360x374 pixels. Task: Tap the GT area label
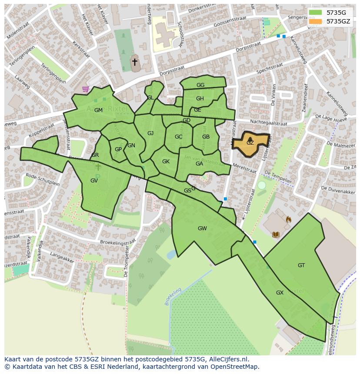pos(301,265)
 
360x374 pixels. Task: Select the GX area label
pos(280,293)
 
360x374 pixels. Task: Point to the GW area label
pos(202,228)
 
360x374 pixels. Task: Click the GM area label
pos(98,110)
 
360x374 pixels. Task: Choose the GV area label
pos(94,181)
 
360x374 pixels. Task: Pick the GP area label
pos(118,149)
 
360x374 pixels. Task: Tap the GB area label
pos(206,137)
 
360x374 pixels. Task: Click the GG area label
pos(200,85)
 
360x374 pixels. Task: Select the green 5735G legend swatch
pos(316,13)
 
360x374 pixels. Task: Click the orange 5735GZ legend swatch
pos(316,21)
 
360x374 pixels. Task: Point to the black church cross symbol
pos(135,62)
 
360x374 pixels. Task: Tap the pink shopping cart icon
pos(85,89)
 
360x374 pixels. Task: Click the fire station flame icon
pos(288,220)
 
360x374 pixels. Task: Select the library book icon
pos(275,235)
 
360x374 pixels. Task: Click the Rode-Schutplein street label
pos(43,179)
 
